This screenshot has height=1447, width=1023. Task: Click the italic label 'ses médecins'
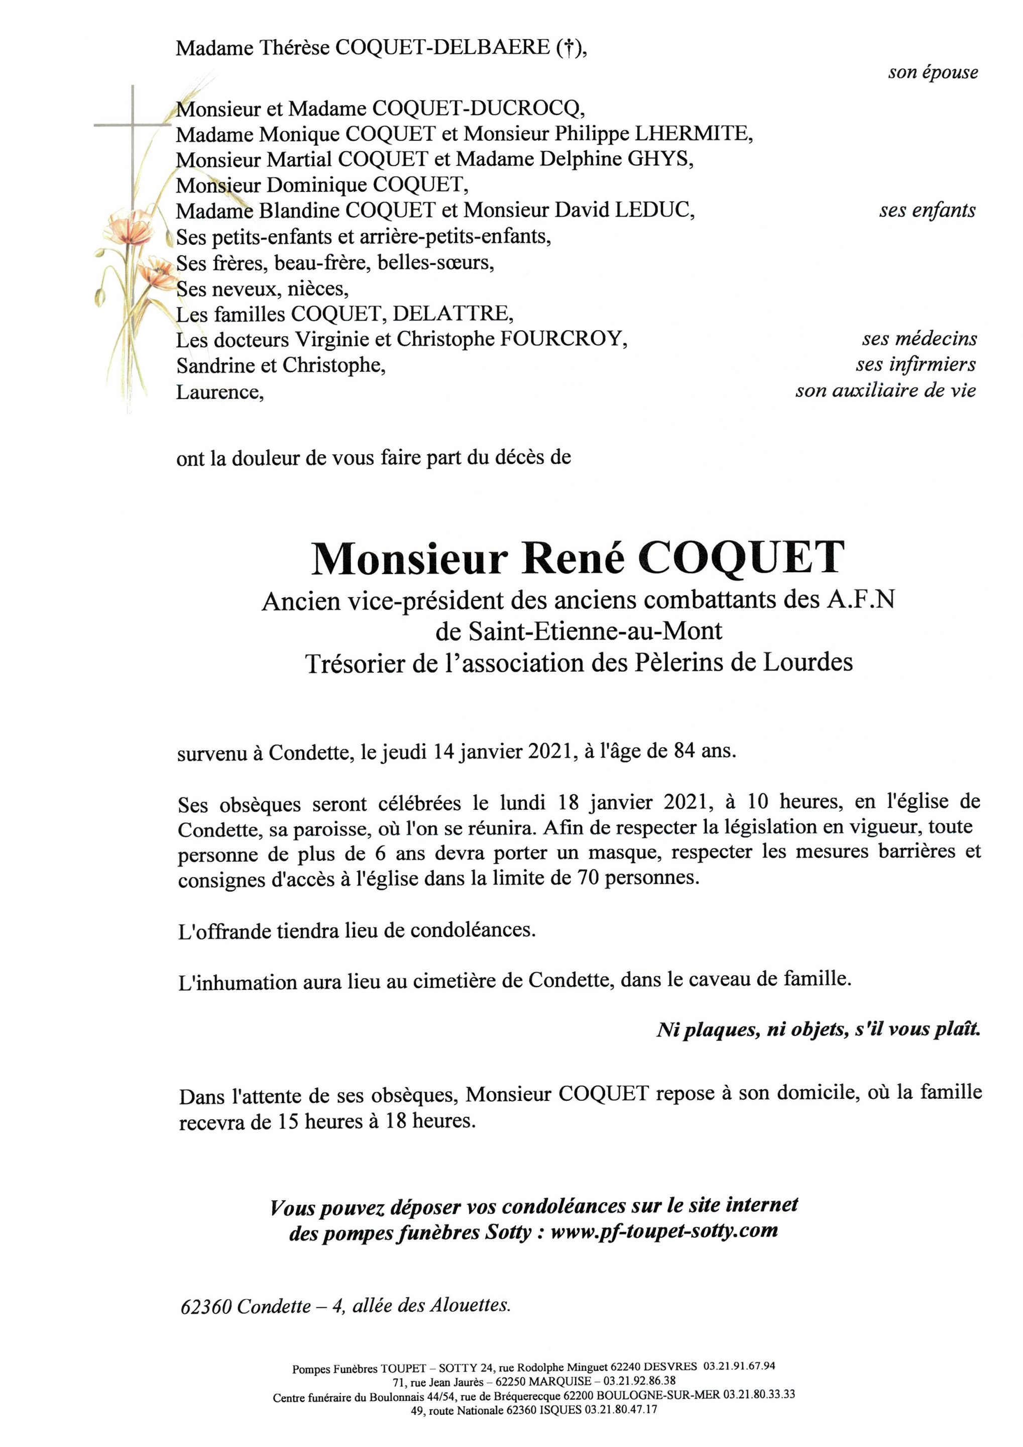[x=919, y=339]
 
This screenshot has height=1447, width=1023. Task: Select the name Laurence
[x=218, y=392]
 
